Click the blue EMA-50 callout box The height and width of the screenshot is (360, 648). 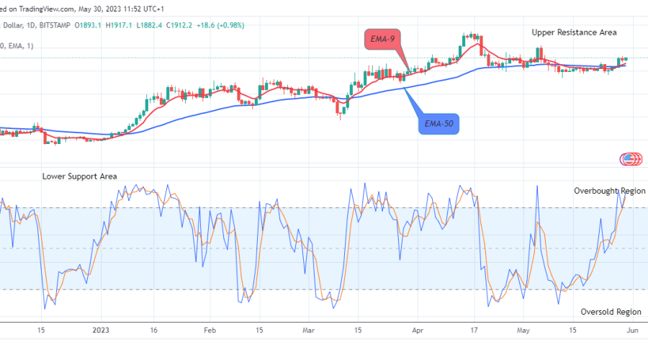pyautogui.click(x=438, y=125)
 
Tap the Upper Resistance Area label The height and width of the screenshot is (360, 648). pyautogui.click(x=574, y=32)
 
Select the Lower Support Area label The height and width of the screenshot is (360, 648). pyautogui.click(x=79, y=176)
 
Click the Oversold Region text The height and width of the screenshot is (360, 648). pyautogui.click(x=611, y=312)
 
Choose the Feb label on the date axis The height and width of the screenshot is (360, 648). pyautogui.click(x=209, y=330)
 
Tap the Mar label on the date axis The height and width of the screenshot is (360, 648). pyautogui.click(x=309, y=330)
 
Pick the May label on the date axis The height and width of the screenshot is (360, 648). pyautogui.click(x=523, y=330)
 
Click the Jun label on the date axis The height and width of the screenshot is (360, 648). pyautogui.click(x=631, y=330)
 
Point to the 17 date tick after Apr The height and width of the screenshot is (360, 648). pyautogui.click(x=474, y=330)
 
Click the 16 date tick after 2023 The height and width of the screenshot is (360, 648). pyautogui.click(x=154, y=330)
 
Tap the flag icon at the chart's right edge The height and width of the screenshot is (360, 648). pyautogui.click(x=631, y=159)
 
